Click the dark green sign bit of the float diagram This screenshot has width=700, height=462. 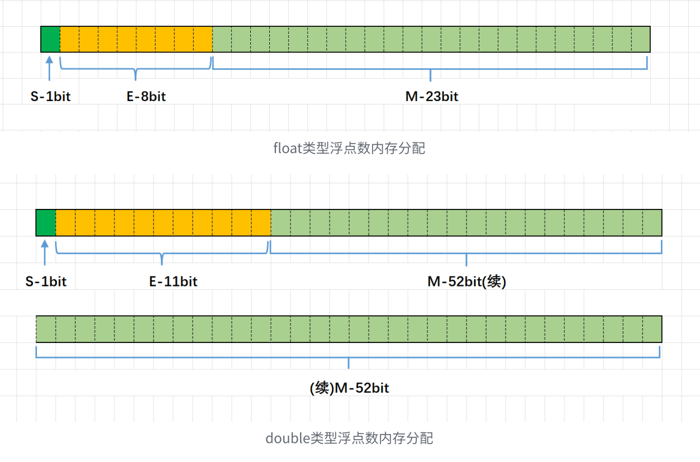[50, 39]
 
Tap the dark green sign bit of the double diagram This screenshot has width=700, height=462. [46, 223]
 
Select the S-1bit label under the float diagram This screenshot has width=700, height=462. [50, 97]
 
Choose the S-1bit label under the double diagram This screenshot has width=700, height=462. [46, 282]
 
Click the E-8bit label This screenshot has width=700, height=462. [146, 97]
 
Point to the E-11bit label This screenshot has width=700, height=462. [173, 282]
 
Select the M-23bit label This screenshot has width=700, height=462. [432, 97]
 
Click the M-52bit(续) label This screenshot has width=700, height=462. [466, 282]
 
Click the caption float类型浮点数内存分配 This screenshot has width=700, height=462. [349, 148]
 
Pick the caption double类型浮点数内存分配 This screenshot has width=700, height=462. [349, 438]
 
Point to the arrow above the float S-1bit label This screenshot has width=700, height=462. [50, 70]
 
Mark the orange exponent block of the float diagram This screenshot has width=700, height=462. [136, 39]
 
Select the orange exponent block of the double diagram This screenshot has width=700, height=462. [163, 223]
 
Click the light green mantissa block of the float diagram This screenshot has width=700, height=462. [431, 39]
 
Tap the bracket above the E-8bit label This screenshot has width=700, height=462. [136, 69]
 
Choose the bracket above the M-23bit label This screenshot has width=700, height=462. [430, 69]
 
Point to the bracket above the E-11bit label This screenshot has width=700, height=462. [162, 254]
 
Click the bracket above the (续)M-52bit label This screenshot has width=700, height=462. [348, 356]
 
